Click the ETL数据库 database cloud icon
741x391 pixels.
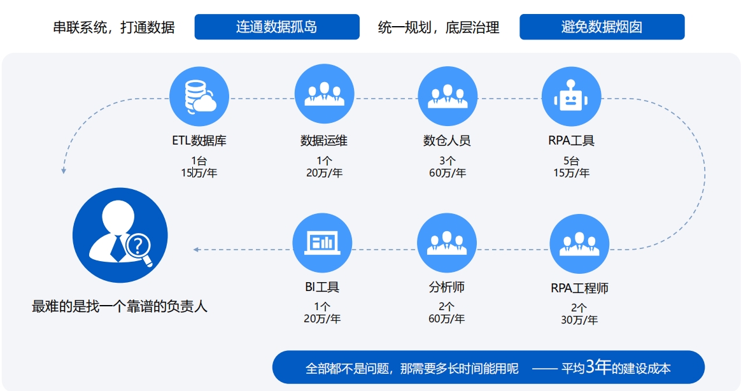pyautogui.click(x=199, y=97)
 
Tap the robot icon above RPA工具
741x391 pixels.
pyautogui.click(x=571, y=96)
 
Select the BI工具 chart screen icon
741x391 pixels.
pyautogui.click(x=322, y=243)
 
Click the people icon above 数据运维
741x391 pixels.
pyautogui.click(x=324, y=94)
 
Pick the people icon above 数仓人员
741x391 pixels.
pyautogui.click(x=448, y=96)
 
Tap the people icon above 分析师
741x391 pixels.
pyautogui.click(x=447, y=243)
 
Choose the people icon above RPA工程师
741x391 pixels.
pyautogui.click(x=579, y=243)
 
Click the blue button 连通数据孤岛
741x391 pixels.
pyautogui.click(x=277, y=27)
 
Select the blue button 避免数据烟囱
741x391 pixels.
pyautogui.click(x=602, y=27)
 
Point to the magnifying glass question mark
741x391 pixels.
pyautogui.click(x=139, y=248)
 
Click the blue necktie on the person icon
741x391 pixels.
pyautogui.click(x=118, y=248)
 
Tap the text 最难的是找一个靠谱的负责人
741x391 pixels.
pyautogui.click(x=120, y=306)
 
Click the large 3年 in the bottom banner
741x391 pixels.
pyautogui.click(x=598, y=366)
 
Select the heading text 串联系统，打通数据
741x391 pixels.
pyautogui.click(x=114, y=27)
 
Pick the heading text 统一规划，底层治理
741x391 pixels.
pyautogui.click(x=439, y=27)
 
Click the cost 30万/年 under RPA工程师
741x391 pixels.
pyautogui.click(x=579, y=320)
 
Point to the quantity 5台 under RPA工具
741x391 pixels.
pyautogui.click(x=571, y=160)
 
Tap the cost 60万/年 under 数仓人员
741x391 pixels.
pyautogui.click(x=448, y=173)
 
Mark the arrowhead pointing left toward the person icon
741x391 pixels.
pyautogui.click(x=195, y=249)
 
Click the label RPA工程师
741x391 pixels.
pyautogui.click(x=579, y=288)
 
